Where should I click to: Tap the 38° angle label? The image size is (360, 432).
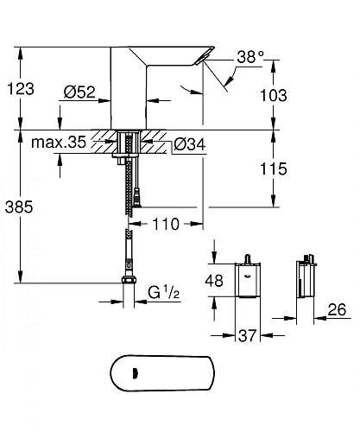click(x=250, y=58)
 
